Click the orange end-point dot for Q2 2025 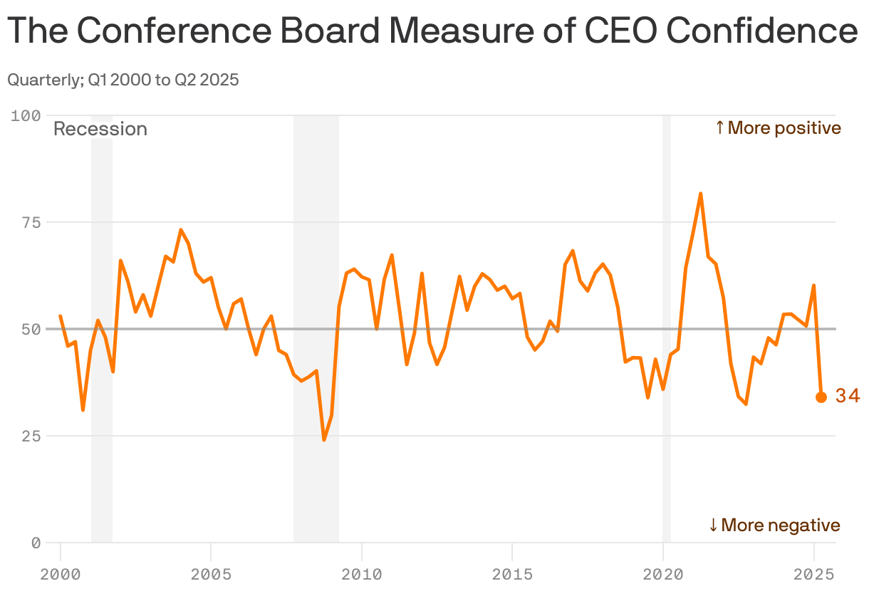pos(821,397)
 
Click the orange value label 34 pos(848,397)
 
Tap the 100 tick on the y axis pos(26,115)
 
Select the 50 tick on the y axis pos(31,329)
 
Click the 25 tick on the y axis pos(31,436)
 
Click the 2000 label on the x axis pos(60,572)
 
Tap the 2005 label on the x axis pos(211,572)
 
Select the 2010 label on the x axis pos(361,572)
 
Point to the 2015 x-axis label pos(512,572)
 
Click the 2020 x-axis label pos(662,572)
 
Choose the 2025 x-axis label pos(813,572)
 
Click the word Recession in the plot pos(100,130)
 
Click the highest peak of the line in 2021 pos(701,194)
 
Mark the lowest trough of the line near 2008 pos(324,439)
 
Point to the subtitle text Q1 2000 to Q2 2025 pos(163,80)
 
